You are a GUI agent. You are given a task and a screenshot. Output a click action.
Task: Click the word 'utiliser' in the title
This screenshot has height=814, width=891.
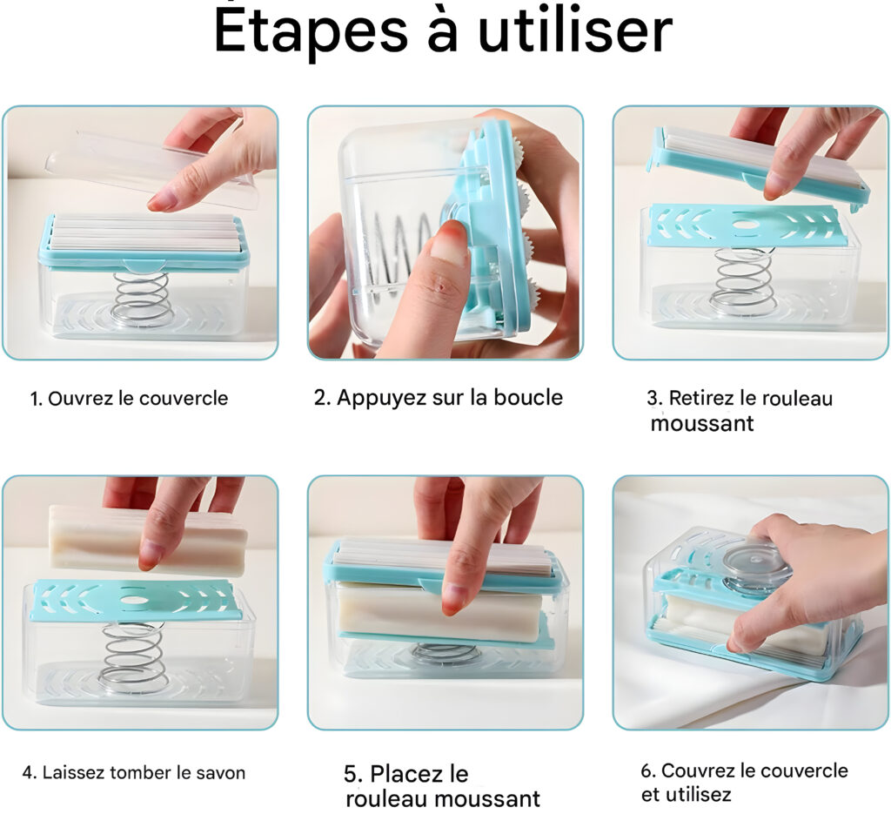tap(576, 30)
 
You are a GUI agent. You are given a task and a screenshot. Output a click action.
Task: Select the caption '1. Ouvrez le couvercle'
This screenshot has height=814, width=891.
tap(129, 399)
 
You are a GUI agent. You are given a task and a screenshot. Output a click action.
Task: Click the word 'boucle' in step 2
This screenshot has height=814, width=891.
tap(528, 397)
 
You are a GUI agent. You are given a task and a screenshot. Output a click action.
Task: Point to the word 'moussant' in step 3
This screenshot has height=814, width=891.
tap(702, 423)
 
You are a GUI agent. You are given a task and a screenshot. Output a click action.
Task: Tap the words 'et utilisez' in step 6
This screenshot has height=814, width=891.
tap(686, 794)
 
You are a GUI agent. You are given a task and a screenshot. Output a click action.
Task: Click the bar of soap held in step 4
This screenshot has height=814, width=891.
tap(148, 538)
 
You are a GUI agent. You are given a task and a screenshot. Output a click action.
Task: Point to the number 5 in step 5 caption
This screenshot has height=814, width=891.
tap(352, 774)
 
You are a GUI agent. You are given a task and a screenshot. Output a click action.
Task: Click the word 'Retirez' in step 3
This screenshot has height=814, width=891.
tap(702, 398)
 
